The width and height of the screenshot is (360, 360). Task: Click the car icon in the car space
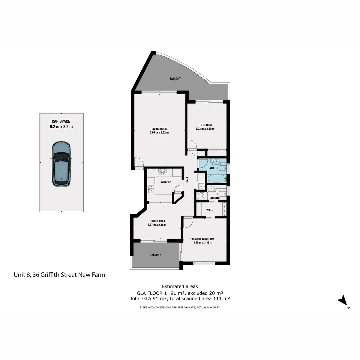point(61,163)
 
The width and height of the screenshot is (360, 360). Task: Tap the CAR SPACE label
point(61,121)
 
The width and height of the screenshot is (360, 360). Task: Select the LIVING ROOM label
point(159,129)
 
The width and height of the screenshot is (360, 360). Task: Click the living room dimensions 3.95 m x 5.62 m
point(159,133)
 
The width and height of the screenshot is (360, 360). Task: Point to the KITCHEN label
point(166,182)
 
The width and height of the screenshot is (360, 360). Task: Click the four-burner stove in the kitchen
point(162,172)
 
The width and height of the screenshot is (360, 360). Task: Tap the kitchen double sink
point(150,189)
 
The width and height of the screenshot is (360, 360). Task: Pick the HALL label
point(187,179)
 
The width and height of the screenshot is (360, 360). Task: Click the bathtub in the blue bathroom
point(217,178)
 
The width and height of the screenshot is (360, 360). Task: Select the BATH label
point(211,168)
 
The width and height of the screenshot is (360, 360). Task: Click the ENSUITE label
point(215,198)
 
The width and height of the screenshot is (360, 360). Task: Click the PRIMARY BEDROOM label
point(202,239)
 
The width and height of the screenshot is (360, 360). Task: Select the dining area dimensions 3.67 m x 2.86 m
point(157,225)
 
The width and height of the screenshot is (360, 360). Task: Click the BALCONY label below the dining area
point(155,255)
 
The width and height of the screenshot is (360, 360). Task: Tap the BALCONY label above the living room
point(175,79)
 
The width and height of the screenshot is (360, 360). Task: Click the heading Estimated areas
point(180,286)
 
